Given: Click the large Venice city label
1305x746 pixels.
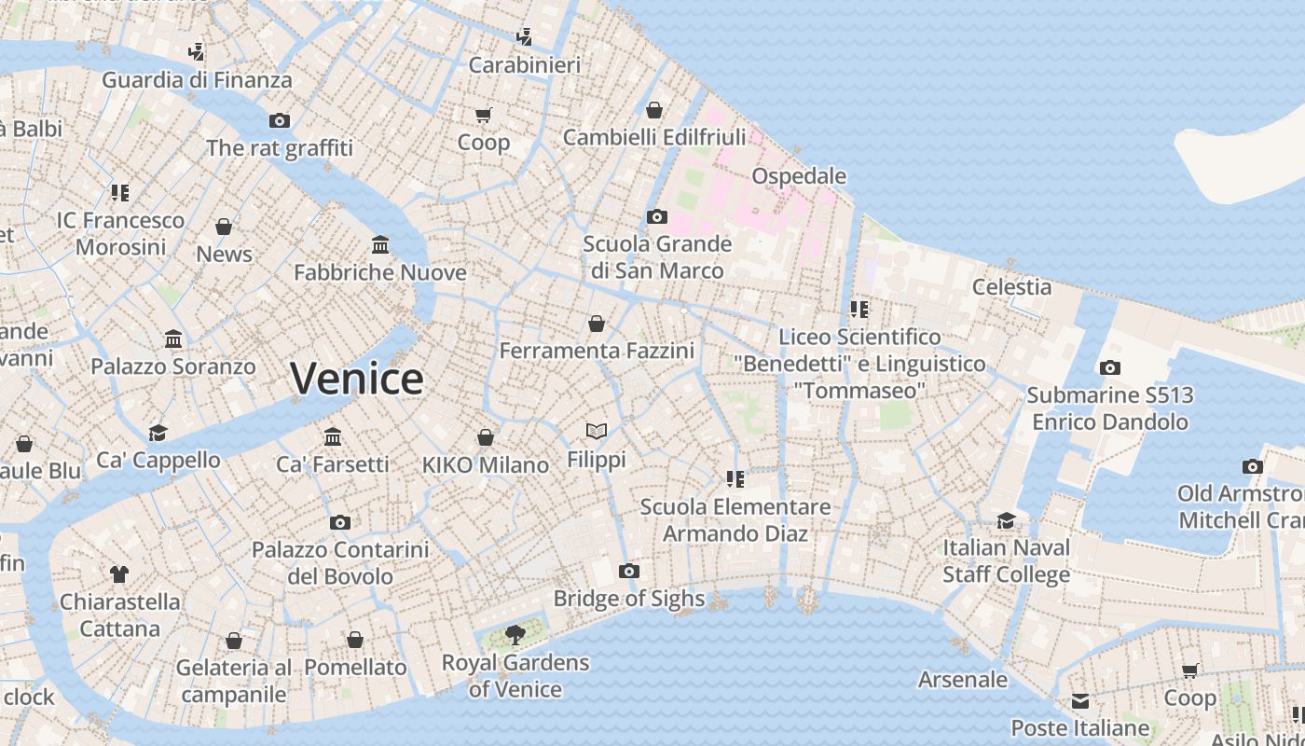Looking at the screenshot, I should pos(357,379).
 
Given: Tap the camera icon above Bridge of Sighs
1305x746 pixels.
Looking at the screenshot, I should pos(629,571).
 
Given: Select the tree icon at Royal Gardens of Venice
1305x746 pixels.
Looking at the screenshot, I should pos(515,635).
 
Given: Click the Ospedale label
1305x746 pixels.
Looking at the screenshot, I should pos(799,176).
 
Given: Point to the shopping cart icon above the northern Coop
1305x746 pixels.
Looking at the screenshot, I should pos(483,115).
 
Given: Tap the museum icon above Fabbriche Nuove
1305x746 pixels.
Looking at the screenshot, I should pos(380,244).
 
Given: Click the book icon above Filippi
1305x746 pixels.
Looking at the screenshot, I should pos(597,431).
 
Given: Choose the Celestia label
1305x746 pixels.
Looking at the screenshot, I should pos(1011,287).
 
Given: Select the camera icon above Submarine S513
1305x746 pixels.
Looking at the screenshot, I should pos(1109,367).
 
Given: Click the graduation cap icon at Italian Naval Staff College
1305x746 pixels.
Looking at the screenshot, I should pos(1006,520).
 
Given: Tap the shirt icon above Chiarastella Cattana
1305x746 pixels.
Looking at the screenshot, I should pos(119,573).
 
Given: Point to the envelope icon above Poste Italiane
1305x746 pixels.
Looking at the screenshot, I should pos(1079,700).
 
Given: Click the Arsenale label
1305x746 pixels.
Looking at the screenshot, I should pos(963,680).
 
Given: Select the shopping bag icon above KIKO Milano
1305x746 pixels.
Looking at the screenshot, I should pos(486,437).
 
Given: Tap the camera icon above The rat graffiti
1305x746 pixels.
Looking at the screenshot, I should pos(279,120).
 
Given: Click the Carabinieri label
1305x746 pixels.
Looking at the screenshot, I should pos(524,65).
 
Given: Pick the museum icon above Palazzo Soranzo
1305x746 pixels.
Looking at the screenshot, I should pos(173,338).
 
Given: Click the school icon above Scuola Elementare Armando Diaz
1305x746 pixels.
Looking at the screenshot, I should pos(735,479).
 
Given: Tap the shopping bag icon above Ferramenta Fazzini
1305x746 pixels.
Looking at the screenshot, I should pos(597,324).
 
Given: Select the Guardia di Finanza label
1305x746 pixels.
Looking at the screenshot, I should pos(197,80).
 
